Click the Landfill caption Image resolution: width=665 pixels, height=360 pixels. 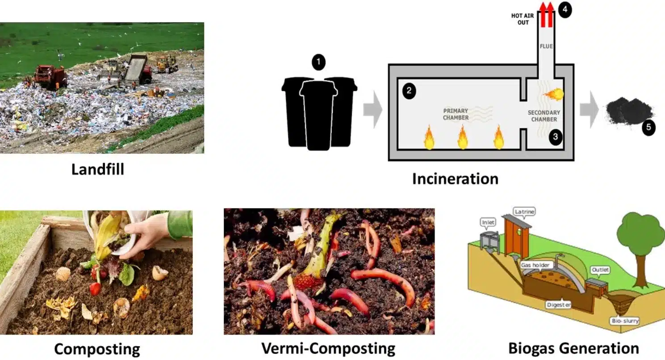pos(97,169)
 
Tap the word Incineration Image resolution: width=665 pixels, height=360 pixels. pos(455,179)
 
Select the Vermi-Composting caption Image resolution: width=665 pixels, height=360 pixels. pos(328,348)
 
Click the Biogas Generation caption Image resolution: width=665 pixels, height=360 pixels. pos(573,348)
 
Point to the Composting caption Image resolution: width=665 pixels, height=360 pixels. pos(97,349)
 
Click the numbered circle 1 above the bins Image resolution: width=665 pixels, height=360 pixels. pos(318,63)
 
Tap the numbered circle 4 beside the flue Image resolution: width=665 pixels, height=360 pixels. pos(565,9)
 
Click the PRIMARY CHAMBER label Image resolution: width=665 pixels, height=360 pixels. pos(456,114)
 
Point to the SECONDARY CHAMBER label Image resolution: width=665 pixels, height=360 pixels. pos(544,116)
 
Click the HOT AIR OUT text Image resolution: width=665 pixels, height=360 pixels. pos(520,19)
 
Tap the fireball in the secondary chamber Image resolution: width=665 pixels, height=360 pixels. pos(554,94)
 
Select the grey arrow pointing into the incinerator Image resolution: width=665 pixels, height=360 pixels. pos(372,109)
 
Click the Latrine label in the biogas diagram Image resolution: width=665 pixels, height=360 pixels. pos(524,211)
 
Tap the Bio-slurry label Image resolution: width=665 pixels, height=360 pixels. pos(624,321)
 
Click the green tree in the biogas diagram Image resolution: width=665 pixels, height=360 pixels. pos(640,237)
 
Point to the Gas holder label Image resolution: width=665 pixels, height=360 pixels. pos(537,265)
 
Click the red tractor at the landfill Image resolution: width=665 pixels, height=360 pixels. pos(50,76)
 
